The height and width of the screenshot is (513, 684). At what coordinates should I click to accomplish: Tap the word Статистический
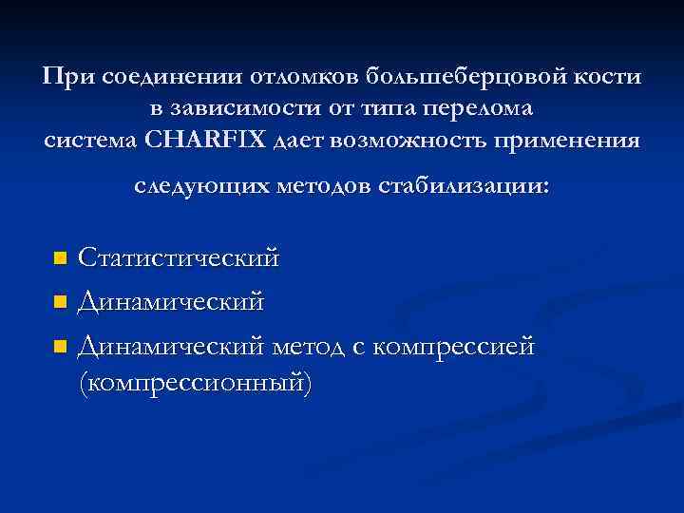(179, 257)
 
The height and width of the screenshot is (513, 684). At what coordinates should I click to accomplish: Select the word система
(89, 140)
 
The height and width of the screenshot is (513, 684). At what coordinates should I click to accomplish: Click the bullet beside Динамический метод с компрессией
(59, 348)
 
